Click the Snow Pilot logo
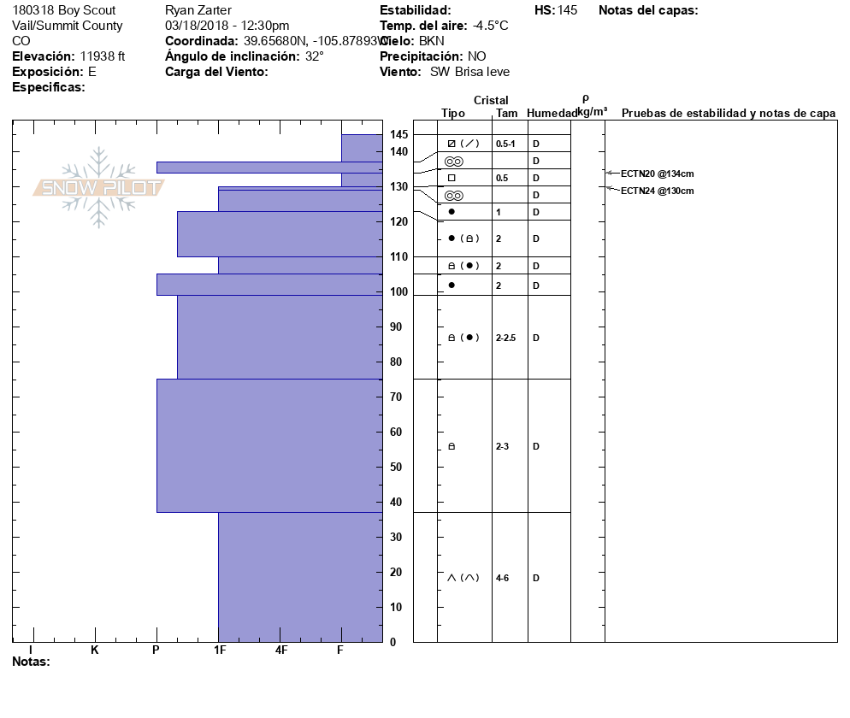[x=98, y=187]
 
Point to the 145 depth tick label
[x=398, y=134]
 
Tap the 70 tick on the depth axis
[x=396, y=397]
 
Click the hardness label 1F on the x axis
[x=220, y=650]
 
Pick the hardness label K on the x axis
[x=95, y=650]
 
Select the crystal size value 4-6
[x=504, y=578]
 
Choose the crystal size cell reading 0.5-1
[x=506, y=143]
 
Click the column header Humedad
[x=552, y=113]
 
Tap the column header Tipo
[x=453, y=113]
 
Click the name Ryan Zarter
[x=198, y=10]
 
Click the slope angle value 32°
[x=315, y=56]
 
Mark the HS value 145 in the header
[x=567, y=10]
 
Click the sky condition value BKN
[x=433, y=41]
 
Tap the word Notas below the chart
[x=31, y=662]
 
